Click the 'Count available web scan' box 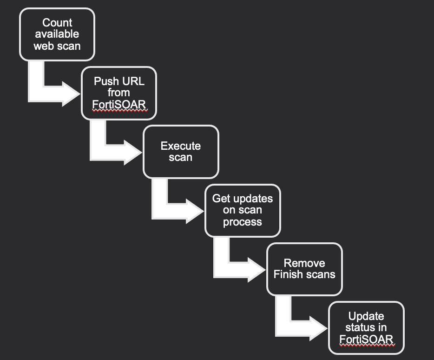[x=57, y=34]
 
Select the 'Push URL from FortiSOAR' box [x=119, y=93]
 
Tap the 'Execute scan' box [x=180, y=152]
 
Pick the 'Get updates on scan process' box [x=242, y=210]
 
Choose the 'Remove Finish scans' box [x=304, y=269]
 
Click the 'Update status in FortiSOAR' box [x=366, y=328]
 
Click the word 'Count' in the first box [x=57, y=22]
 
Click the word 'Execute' [x=181, y=146]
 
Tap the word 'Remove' [x=304, y=263]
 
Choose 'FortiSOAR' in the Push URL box [x=119, y=104]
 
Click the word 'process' [x=242, y=222]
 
